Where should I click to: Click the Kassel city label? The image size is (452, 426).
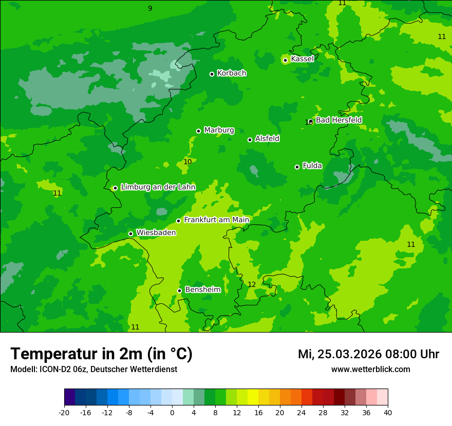tap(302, 59)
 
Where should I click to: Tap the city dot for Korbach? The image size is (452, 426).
tap(212, 74)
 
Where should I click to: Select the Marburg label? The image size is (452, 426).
tap(219, 130)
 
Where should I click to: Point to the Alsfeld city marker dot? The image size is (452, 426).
tap(250, 140)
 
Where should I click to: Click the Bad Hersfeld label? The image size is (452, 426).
tap(338, 120)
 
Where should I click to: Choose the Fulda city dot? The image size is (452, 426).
tap(297, 167)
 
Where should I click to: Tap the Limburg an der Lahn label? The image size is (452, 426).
tap(158, 187)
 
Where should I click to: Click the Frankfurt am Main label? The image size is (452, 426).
tap(216, 220)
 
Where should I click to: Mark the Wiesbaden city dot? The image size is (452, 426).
tap(130, 234)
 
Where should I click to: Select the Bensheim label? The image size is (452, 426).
tap(202, 290)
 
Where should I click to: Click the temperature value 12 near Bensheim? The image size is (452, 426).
tap(252, 285)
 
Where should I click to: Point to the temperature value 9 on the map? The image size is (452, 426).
tap(150, 8)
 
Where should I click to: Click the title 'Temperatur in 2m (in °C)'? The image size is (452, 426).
tap(101, 354)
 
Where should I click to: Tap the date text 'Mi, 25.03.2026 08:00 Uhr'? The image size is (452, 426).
tap(368, 354)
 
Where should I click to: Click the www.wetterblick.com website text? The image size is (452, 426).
tap(370, 370)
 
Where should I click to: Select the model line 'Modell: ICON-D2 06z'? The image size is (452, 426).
tap(93, 370)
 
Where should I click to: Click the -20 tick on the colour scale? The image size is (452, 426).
tap(64, 412)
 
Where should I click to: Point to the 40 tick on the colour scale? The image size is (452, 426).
tap(387, 412)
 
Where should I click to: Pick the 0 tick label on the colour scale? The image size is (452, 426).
tap(172, 412)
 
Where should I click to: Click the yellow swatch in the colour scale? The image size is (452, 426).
tap(253, 397)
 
